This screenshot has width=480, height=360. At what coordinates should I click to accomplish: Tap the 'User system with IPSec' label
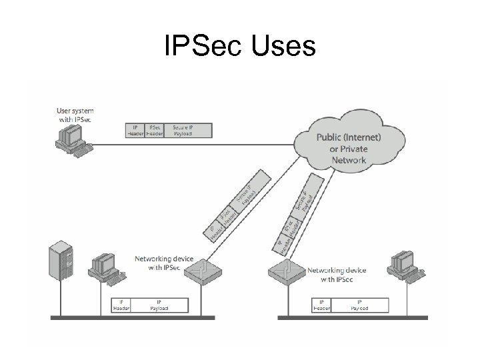tap(75, 114)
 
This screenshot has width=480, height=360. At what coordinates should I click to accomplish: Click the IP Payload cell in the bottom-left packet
tap(158, 305)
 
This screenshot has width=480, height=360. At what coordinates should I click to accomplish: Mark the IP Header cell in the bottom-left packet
tap(121, 305)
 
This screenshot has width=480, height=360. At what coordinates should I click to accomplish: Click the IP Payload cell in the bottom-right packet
tap(359, 305)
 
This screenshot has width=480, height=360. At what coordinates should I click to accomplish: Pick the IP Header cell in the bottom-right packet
tap(322, 305)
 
